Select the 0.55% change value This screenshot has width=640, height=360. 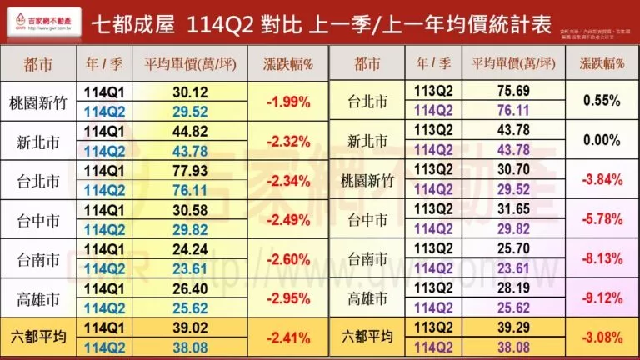pyautogui.click(x=602, y=101)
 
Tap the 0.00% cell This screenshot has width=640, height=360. pyautogui.click(x=602, y=141)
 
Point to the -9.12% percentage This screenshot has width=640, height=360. pyautogui.click(x=602, y=298)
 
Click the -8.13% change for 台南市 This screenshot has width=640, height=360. pyautogui.click(x=602, y=259)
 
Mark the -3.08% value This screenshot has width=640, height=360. pyautogui.click(x=602, y=337)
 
